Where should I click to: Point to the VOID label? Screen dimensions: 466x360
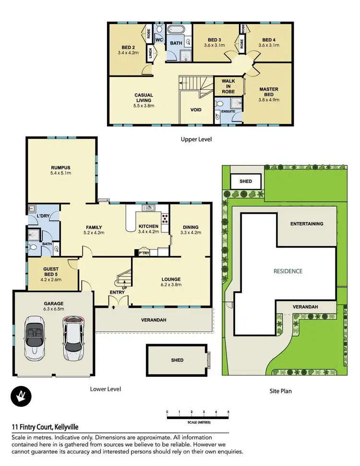click(196, 110)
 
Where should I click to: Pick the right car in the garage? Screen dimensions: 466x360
click(72, 338)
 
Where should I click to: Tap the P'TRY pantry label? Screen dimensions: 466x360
click(144, 252)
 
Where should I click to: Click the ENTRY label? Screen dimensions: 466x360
click(117, 292)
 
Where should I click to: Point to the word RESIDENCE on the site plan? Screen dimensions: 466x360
click(288, 271)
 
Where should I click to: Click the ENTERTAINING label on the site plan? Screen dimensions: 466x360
click(306, 224)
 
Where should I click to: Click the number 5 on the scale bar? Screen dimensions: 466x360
click(228, 412)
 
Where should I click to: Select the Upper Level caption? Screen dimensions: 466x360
click(196, 140)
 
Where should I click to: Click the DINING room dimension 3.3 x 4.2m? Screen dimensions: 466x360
click(191, 233)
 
